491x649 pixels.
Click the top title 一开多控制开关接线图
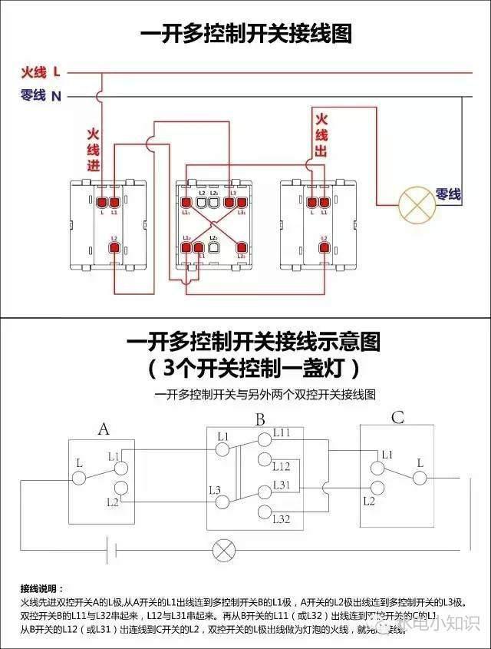tap(245, 34)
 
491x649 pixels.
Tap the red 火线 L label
tap(40, 72)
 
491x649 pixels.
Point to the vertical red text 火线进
tap(94, 149)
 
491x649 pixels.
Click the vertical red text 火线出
tap(321, 134)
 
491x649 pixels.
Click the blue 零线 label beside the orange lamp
tap(449, 194)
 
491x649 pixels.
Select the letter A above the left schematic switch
tap(104, 429)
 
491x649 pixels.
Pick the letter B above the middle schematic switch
tap(260, 420)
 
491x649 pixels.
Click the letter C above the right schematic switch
tap(397, 418)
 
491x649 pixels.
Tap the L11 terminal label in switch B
tap(282, 433)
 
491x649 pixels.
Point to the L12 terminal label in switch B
tap(282, 466)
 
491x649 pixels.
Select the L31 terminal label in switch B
tap(282, 485)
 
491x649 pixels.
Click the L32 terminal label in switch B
tap(282, 520)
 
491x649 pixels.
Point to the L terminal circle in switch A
tap(78, 478)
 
